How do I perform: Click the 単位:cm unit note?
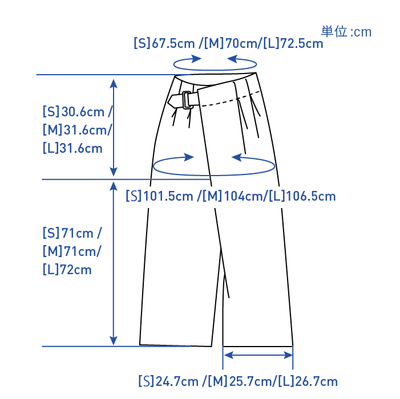point(346,31)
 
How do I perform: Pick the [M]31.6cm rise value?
point(77,130)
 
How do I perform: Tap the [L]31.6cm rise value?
point(72,148)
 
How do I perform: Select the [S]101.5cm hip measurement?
point(160,197)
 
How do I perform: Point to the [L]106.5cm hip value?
point(302,197)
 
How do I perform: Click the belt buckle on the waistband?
point(184,99)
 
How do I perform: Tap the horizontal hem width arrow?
point(258,355)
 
